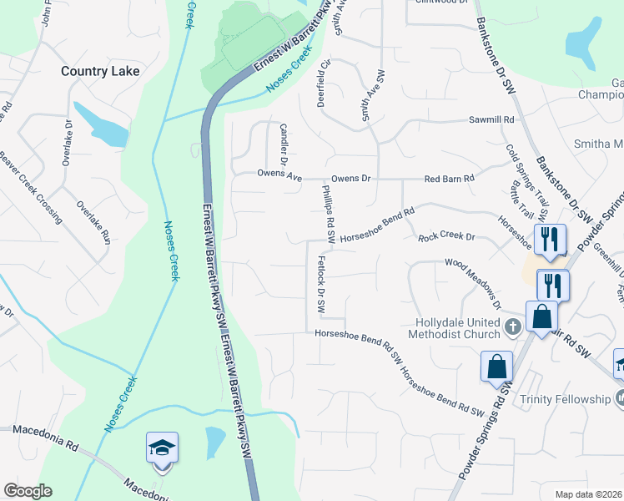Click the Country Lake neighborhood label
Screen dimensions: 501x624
click(x=100, y=71)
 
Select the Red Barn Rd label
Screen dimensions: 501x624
click(x=449, y=179)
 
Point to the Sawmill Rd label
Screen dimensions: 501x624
click(x=491, y=120)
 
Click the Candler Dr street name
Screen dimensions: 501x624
click(x=284, y=144)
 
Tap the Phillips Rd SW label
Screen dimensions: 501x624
click(x=328, y=215)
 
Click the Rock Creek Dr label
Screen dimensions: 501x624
click(x=446, y=237)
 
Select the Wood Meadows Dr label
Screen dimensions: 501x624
click(x=472, y=284)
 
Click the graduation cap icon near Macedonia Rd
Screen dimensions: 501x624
click(x=162, y=448)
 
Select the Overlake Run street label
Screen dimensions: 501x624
click(x=93, y=223)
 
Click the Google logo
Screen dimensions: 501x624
click(x=28, y=491)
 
